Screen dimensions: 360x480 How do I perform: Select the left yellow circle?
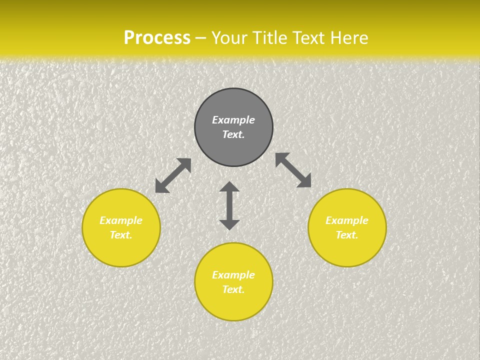click(121, 250)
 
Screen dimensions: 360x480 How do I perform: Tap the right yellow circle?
click(347, 250)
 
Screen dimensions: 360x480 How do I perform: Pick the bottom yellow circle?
click(233, 305)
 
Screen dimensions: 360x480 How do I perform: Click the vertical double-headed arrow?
click(229, 205)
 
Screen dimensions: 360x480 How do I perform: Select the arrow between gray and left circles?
click(173, 175)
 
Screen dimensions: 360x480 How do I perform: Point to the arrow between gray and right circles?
click(293, 170)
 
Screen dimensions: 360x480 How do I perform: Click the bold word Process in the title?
click(157, 38)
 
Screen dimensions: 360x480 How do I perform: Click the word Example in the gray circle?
click(233, 120)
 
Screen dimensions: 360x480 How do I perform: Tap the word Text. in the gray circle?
click(233, 134)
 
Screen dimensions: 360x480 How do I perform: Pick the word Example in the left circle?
click(121, 220)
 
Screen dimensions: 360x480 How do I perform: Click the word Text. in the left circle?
click(121, 235)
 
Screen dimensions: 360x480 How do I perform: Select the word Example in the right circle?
click(347, 220)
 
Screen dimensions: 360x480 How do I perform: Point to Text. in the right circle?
click(347, 235)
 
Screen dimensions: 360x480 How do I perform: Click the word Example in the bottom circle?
click(233, 275)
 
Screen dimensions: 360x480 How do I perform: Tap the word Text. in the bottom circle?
click(233, 289)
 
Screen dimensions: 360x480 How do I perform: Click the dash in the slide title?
click(201, 38)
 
